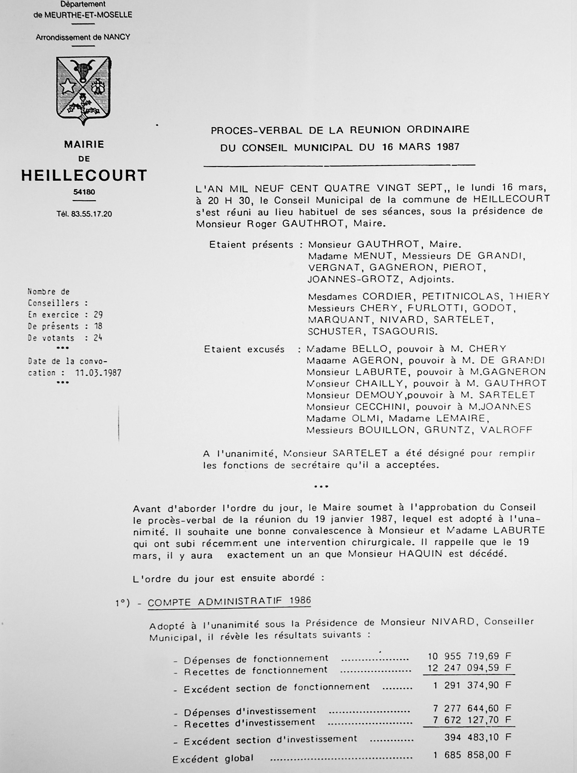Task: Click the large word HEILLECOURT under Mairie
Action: coord(84,176)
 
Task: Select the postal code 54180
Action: coord(84,192)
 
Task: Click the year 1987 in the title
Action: coord(445,147)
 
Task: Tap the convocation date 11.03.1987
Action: coord(98,373)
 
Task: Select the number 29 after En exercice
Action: coord(98,315)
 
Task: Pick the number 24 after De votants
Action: coord(98,338)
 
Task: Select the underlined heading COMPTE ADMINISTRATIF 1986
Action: coord(229,601)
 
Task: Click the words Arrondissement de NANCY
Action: coord(83,37)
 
